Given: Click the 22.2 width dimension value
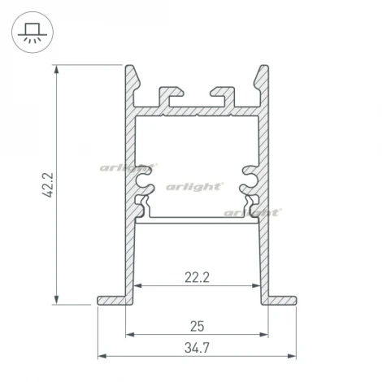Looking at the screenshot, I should pos(197,277).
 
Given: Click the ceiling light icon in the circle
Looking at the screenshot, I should pos(33,33).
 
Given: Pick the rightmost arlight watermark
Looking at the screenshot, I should pos(253,212).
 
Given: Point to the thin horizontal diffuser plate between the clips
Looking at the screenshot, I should pos(196,219).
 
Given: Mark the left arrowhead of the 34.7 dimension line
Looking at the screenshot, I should pos(101,356).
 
